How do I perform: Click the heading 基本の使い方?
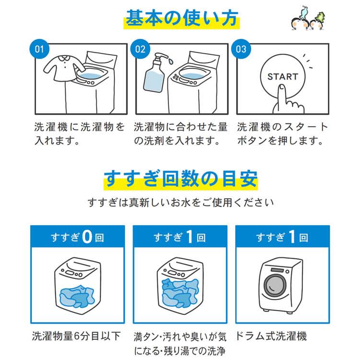pyautogui.click(x=181, y=19)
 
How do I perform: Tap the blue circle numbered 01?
pyautogui.click(x=39, y=50)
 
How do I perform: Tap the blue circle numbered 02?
pyautogui.click(x=140, y=50)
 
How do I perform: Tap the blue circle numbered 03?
pyautogui.click(x=241, y=50)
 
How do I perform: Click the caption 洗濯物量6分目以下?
pyautogui.click(x=76, y=336)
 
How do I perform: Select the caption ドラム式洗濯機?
pyautogui.click(x=272, y=336)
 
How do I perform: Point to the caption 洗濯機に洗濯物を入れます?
pyautogui.click(x=79, y=134)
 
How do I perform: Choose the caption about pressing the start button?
pyautogui.click(x=282, y=134)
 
